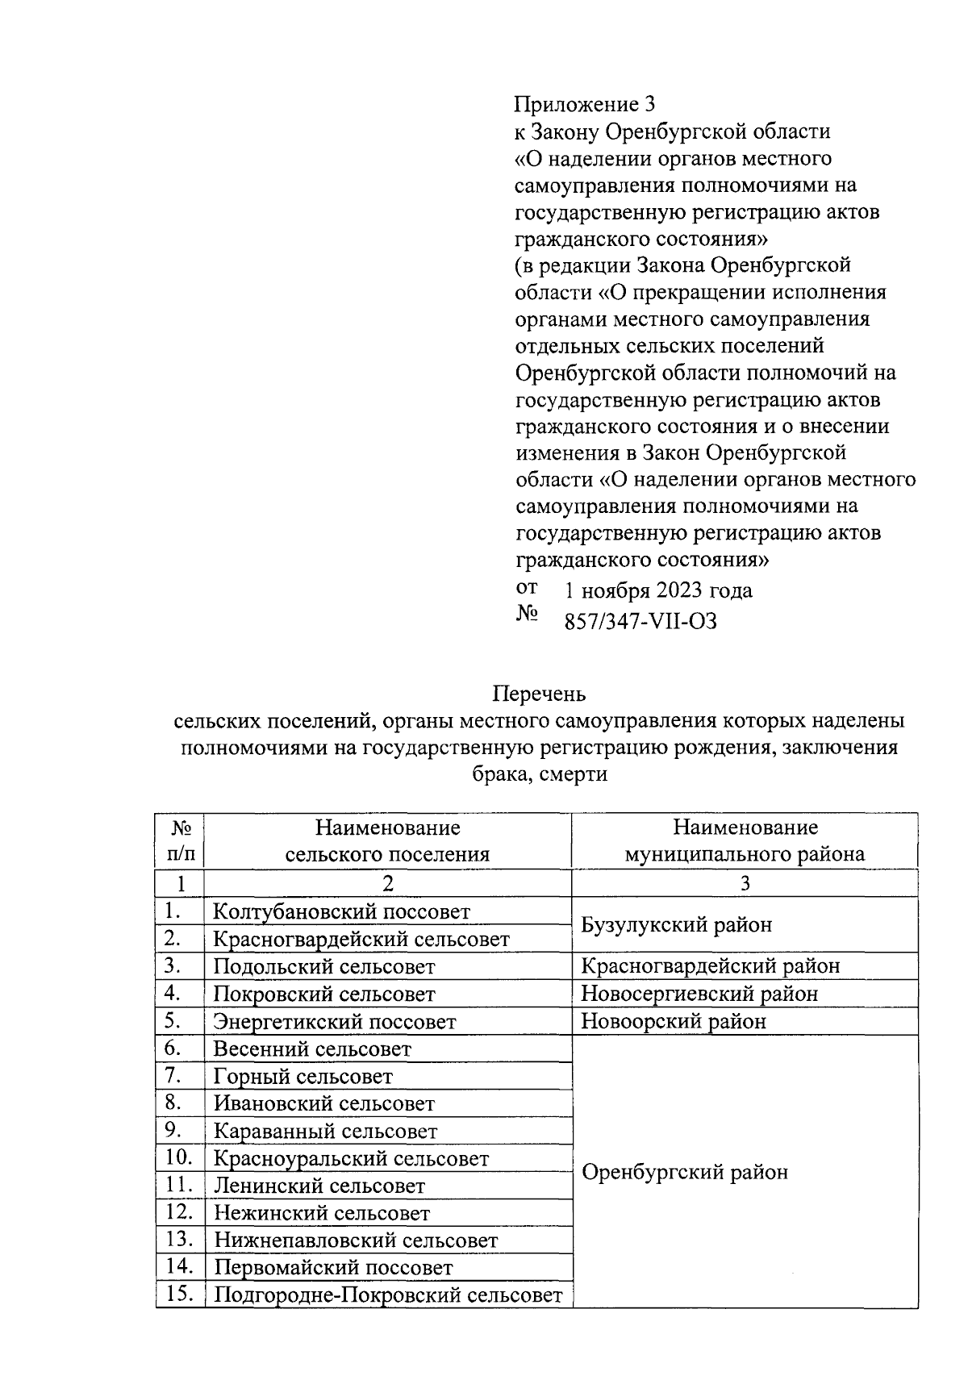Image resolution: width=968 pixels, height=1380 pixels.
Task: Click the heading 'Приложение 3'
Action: point(586,104)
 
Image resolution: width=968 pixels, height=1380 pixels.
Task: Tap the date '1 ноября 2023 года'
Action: point(657,590)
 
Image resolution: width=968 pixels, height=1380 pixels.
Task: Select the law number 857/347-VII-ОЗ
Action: point(640,621)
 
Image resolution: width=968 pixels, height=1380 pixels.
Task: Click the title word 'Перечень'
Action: point(539,694)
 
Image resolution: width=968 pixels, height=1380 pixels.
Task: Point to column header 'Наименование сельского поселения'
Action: point(387,840)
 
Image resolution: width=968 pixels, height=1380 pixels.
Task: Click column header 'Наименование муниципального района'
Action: point(745,840)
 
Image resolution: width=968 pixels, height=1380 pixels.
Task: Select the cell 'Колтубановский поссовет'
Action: point(341,912)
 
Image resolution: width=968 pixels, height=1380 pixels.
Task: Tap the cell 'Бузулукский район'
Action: point(676,924)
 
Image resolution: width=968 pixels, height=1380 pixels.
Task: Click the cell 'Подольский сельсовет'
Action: point(323,966)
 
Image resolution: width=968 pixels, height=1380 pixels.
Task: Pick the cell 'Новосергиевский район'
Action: point(699,994)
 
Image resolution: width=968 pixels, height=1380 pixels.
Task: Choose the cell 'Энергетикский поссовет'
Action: point(334,1022)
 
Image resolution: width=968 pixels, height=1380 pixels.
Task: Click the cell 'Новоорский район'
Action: point(673,1021)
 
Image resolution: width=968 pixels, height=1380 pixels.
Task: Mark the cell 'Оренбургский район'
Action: point(684,1172)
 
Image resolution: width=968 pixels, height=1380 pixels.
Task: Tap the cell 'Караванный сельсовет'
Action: point(325,1132)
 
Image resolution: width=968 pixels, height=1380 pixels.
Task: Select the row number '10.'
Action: point(179,1158)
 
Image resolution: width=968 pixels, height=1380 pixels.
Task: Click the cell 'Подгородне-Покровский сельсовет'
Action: point(387,1295)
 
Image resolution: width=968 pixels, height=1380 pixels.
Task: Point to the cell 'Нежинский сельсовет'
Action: point(321,1213)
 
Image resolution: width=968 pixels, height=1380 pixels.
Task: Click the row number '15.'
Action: point(179,1295)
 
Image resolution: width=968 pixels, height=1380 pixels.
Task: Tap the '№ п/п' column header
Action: point(180,840)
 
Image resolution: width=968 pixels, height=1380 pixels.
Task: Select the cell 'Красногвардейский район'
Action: point(710,966)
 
